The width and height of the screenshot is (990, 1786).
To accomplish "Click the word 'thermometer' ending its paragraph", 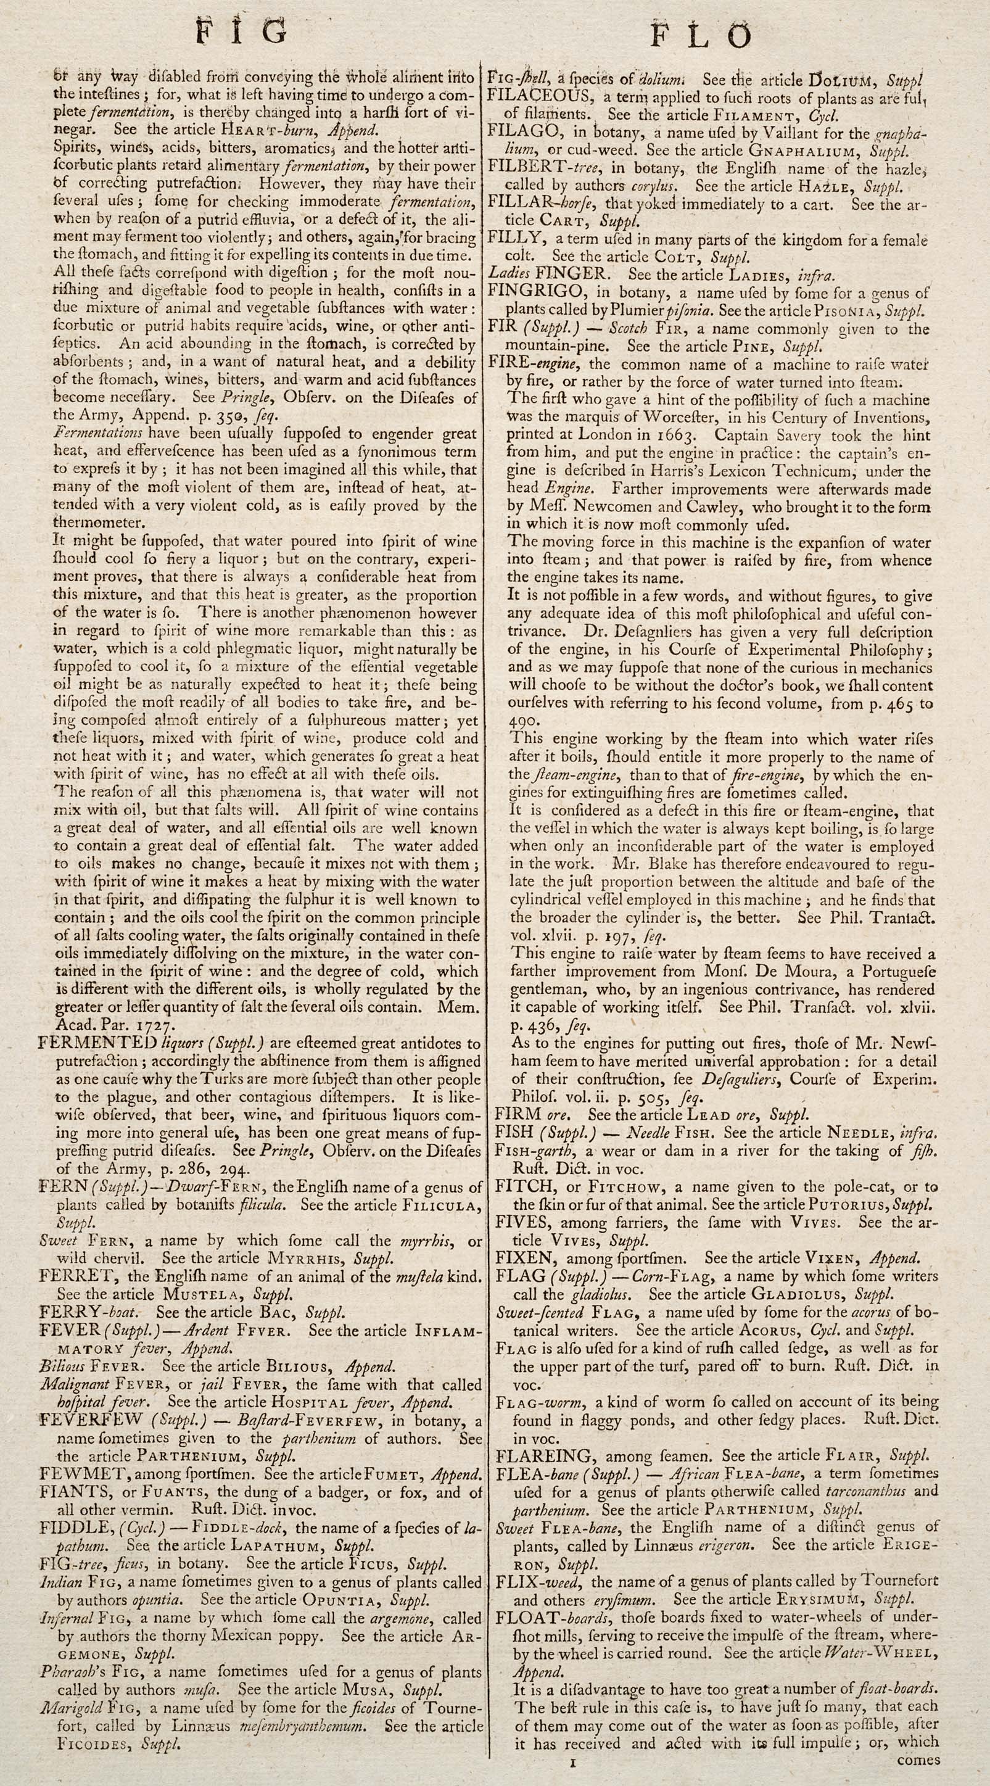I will point(97,523).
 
